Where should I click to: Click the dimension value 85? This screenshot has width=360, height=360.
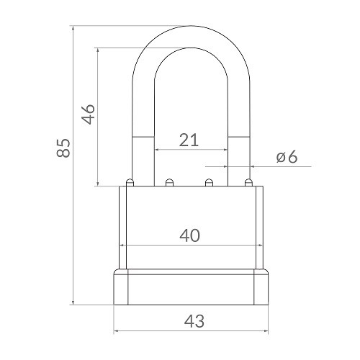coord(64,148)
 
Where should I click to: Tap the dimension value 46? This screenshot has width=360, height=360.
coord(88,114)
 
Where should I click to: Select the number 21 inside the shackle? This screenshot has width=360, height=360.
coord(189,140)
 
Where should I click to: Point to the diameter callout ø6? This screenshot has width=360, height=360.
coord(287,158)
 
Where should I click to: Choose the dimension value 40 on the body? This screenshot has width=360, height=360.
coord(189,235)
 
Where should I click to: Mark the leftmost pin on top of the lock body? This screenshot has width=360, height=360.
coord(129,181)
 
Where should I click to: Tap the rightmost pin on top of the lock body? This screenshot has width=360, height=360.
coord(249,181)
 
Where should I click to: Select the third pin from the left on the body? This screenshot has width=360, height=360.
coord(209,181)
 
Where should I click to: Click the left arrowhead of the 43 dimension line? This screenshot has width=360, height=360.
coord(117,332)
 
